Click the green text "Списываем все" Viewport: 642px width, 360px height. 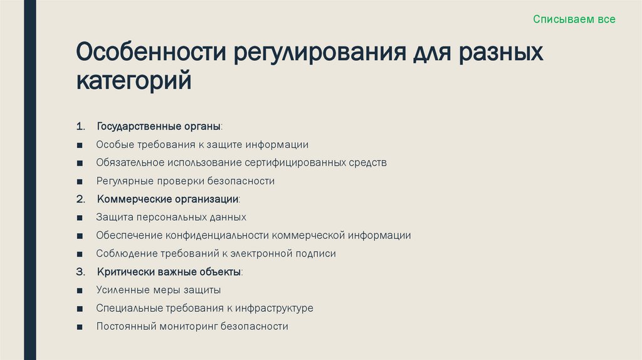point(574,19)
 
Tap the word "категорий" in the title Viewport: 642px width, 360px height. point(134,81)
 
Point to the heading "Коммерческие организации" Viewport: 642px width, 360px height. point(167,199)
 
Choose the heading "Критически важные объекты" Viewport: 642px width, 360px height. point(169,272)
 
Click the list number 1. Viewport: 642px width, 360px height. point(80,127)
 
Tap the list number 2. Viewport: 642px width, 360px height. point(80,199)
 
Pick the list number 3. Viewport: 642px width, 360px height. point(80,272)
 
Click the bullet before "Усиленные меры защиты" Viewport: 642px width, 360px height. point(80,291)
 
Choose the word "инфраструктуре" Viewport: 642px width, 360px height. point(275,309)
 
